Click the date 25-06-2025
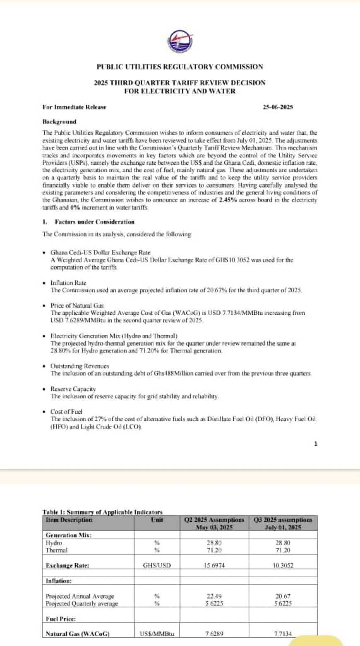pyautogui.click(x=278, y=107)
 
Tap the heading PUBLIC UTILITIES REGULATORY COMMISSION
pyautogui.click(x=180, y=67)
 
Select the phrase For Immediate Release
pyautogui.click(x=74, y=107)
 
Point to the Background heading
pyautogui.click(x=60, y=122)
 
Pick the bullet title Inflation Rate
pyautogui.click(x=68, y=283)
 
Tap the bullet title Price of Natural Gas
pyautogui.click(x=77, y=305)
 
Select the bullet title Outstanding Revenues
pyautogui.click(x=79, y=366)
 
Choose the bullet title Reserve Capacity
pyautogui.click(x=73, y=389)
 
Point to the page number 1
pyautogui.click(x=316, y=444)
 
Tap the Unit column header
pyautogui.click(x=157, y=519)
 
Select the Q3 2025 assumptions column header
pyautogui.click(x=283, y=523)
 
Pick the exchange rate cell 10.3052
pyautogui.click(x=283, y=565)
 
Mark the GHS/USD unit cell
pyautogui.click(x=157, y=565)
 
